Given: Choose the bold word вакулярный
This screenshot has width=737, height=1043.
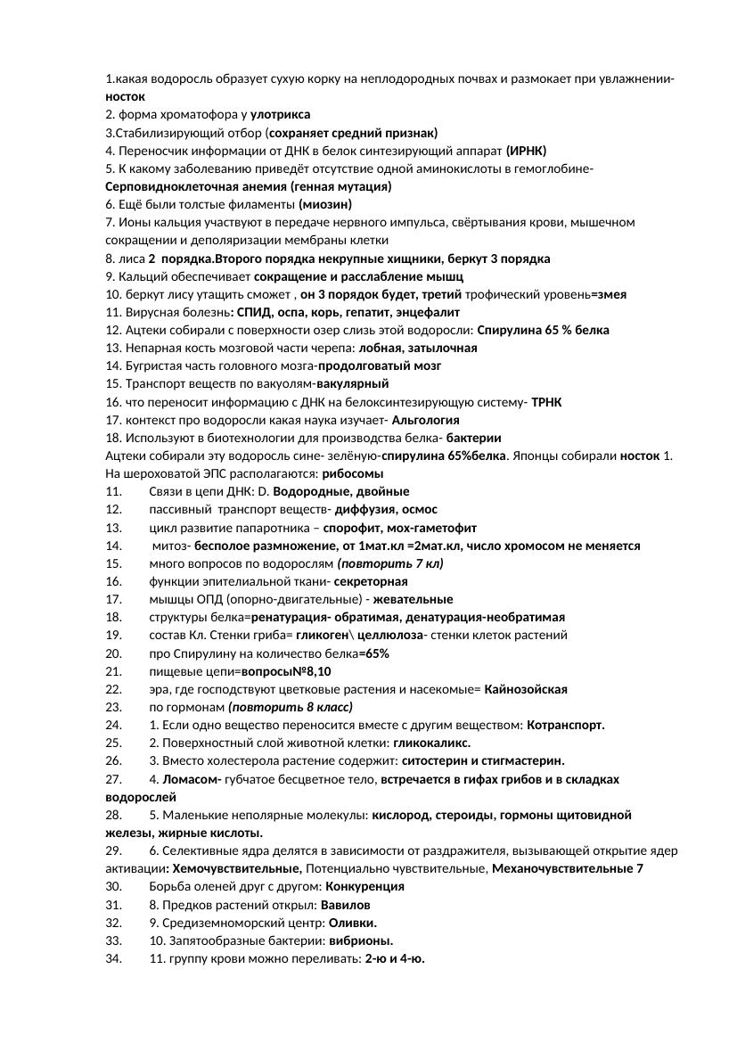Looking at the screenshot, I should click(x=352, y=383).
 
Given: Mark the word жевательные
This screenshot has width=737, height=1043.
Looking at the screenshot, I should click(x=413, y=599).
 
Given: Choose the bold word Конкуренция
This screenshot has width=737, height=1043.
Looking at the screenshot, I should click(x=364, y=886).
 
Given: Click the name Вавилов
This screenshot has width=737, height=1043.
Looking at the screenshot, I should click(x=345, y=905).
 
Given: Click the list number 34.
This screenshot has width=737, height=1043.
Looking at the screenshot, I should click(x=113, y=958).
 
